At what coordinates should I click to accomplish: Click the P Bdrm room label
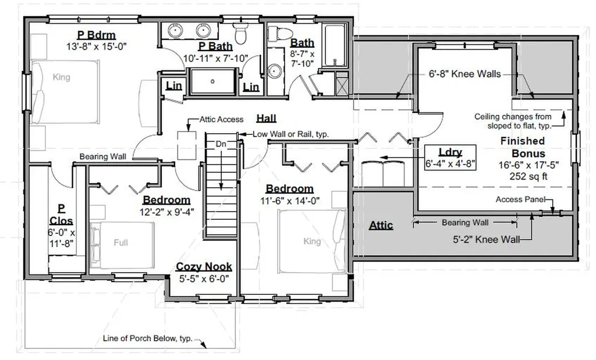(96, 35)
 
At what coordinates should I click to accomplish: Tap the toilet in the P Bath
(240, 33)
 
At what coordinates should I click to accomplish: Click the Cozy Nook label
(204, 266)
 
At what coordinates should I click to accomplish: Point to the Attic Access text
(222, 120)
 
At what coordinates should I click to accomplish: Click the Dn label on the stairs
(221, 144)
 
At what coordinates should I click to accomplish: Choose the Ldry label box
(450, 157)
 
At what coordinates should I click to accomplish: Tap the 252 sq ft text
(528, 176)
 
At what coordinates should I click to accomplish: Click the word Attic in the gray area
(381, 225)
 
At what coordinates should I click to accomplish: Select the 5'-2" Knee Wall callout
(487, 240)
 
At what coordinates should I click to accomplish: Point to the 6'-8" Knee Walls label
(465, 74)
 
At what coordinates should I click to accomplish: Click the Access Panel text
(520, 199)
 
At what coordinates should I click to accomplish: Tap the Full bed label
(121, 243)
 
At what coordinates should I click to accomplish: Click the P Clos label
(61, 215)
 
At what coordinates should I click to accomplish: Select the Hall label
(266, 119)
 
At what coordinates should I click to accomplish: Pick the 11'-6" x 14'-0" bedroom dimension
(290, 201)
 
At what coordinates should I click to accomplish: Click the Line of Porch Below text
(147, 338)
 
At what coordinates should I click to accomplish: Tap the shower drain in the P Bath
(212, 81)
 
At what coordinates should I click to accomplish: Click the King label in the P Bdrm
(61, 77)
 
